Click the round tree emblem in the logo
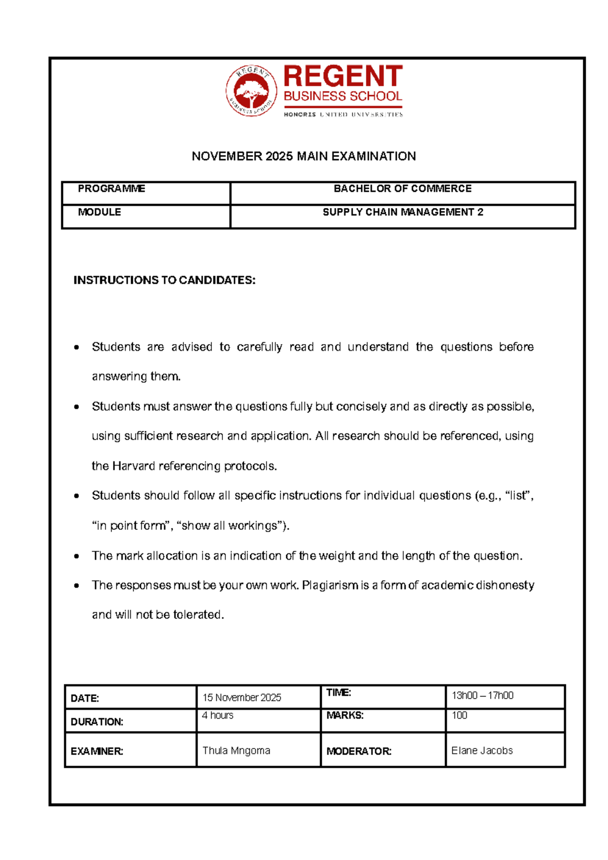251,91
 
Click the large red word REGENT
343,77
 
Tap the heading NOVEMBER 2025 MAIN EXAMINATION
303,156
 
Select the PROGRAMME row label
111,189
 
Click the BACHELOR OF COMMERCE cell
402,189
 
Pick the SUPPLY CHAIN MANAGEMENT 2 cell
403,212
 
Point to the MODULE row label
99,212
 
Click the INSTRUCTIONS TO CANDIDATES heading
164,280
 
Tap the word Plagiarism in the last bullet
330,585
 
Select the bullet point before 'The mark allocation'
77,556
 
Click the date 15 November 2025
242,698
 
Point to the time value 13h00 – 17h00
482,696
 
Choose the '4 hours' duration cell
217,715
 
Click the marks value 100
459,715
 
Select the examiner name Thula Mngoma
236,750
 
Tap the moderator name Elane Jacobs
482,750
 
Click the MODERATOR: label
359,751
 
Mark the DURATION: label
97,722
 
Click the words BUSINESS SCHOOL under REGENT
343,96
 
